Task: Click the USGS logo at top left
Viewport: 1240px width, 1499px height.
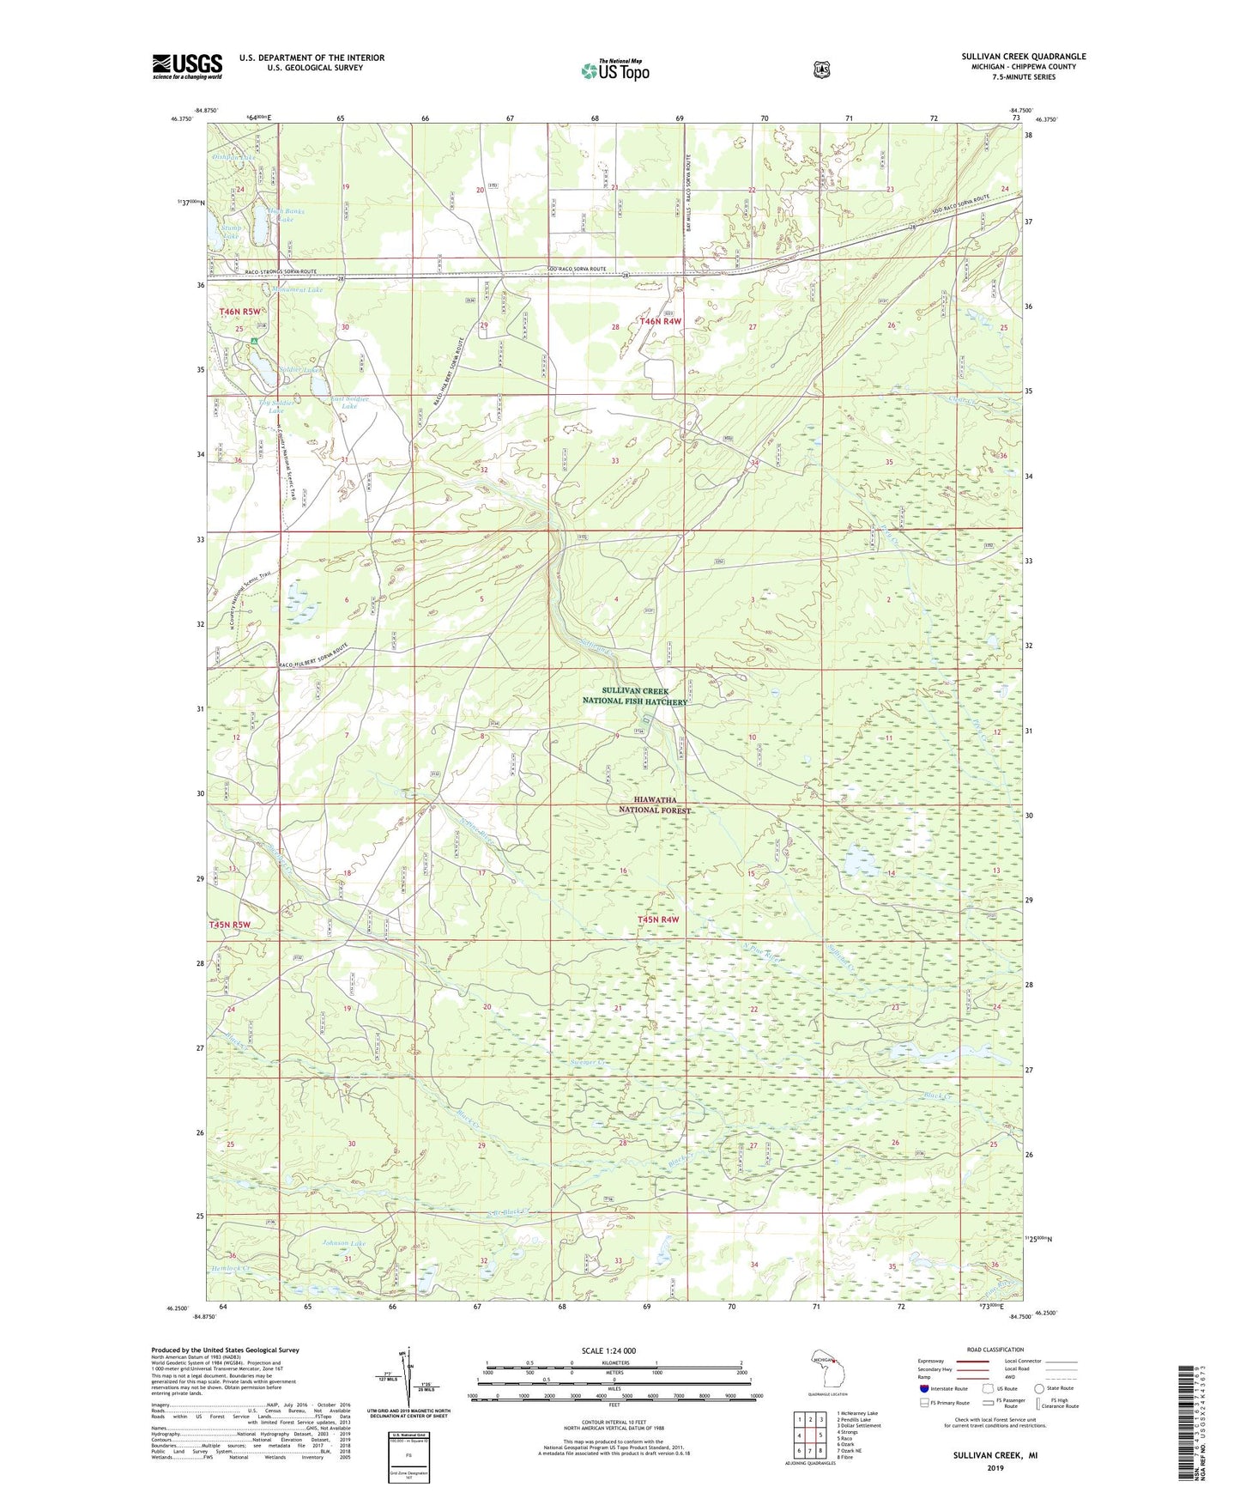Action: (187, 65)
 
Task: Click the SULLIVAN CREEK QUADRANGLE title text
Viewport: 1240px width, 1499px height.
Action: (1023, 57)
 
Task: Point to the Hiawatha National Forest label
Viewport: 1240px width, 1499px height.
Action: (655, 804)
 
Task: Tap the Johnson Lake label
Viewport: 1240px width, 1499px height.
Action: (343, 1243)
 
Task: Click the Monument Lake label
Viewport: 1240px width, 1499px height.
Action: (297, 290)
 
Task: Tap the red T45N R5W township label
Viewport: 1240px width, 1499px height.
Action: (230, 925)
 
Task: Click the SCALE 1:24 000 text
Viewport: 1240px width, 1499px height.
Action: (608, 1350)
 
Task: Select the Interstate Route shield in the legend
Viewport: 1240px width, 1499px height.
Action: (923, 1388)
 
